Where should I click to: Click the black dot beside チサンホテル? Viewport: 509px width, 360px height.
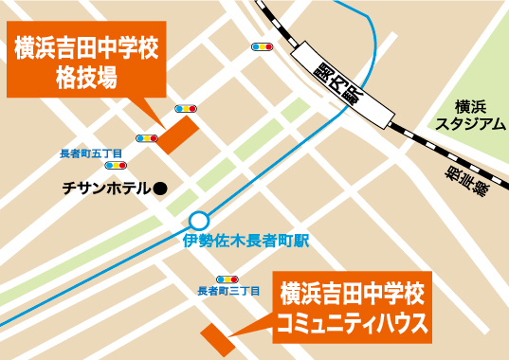click(x=160, y=189)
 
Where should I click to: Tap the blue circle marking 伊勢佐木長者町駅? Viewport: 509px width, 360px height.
click(x=198, y=220)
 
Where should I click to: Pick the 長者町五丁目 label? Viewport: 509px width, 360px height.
click(x=90, y=153)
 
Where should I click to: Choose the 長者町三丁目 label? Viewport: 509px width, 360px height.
click(x=227, y=293)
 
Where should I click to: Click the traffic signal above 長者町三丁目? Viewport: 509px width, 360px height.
click(x=227, y=279)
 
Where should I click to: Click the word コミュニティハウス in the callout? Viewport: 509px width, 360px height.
click(x=352, y=325)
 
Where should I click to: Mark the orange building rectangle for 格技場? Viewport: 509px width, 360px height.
click(x=178, y=134)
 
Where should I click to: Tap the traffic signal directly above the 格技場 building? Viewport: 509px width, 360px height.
click(x=187, y=107)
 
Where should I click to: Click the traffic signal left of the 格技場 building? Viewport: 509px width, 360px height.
click(x=146, y=138)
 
